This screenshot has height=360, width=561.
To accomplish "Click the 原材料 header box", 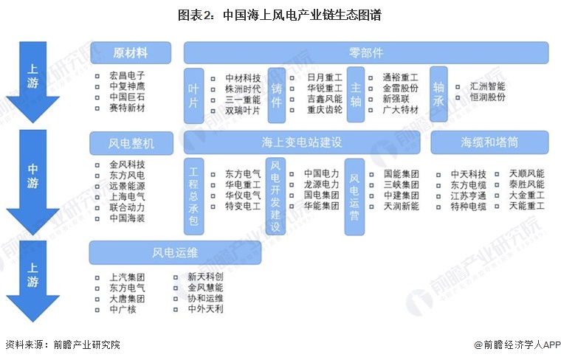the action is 131,53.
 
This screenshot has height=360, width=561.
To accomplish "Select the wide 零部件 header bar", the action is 366,53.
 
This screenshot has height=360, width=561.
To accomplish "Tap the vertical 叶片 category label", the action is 193,96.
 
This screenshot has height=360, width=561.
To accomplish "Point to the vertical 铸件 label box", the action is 277,95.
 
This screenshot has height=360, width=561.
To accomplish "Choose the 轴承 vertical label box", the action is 438,94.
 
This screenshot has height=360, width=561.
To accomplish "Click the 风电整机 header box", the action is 131,143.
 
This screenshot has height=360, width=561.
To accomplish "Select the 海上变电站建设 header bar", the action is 302,142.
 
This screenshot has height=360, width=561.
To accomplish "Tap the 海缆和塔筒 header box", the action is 489,142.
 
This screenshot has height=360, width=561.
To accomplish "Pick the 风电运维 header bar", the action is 175,252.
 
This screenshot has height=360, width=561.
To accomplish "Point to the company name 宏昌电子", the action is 127,75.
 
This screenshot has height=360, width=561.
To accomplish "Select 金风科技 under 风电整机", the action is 127,165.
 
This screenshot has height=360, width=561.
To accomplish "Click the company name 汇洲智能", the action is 487,86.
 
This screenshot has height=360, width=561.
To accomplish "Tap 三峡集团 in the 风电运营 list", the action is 401,185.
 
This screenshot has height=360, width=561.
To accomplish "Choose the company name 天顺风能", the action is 526,174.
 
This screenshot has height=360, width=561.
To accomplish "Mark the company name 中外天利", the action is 205,308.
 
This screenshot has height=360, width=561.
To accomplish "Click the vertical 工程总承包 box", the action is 193,196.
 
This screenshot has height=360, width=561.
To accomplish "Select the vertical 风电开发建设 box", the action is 275,196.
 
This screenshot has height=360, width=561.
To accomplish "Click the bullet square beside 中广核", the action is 97,310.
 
